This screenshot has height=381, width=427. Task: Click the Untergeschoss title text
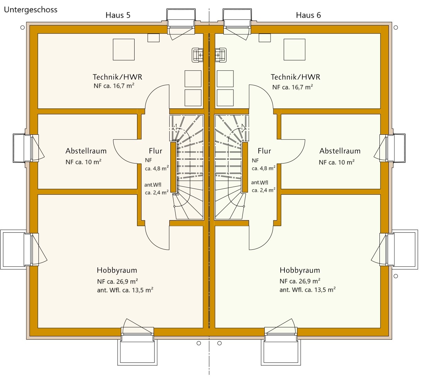31,10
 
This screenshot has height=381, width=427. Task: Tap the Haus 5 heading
118,15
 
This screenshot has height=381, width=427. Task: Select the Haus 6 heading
308,15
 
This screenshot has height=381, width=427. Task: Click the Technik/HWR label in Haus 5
117,77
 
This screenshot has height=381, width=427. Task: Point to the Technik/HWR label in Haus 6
295,77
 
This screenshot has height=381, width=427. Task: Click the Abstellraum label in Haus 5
86,151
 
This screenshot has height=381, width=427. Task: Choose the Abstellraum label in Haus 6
340,151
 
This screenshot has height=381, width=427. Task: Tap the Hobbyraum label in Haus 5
117,270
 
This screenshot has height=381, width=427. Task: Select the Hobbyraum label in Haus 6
300,270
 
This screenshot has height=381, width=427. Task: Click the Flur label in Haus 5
155,151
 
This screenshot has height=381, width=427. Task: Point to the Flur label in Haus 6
264,151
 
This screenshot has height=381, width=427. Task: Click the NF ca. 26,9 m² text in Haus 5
118,281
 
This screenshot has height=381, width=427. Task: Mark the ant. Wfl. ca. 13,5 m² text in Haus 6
307,290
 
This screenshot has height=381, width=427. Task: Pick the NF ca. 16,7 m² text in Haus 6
292,87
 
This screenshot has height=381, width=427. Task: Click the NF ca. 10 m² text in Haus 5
84,162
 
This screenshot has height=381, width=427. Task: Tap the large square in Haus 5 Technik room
124,50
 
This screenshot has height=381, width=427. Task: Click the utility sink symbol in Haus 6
221,55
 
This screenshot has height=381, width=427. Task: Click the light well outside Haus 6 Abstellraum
396,148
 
